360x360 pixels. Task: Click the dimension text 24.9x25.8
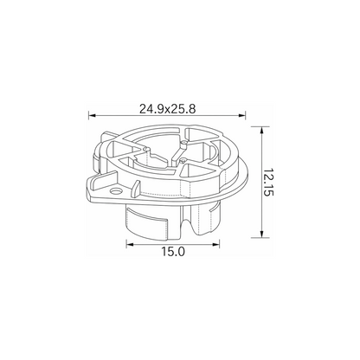(x=168, y=109)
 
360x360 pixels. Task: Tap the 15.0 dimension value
(x=173, y=252)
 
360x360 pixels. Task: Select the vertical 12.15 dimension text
(x=268, y=183)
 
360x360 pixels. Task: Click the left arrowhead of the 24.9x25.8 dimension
(x=92, y=116)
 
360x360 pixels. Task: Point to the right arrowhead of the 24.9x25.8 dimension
(x=242, y=116)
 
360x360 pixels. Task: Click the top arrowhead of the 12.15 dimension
(x=261, y=131)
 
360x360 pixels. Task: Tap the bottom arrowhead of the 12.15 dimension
(x=261, y=234)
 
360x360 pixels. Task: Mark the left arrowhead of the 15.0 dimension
(x=130, y=245)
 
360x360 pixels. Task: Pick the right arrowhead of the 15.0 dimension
(x=216, y=245)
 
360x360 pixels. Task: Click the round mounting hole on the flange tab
(x=117, y=191)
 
